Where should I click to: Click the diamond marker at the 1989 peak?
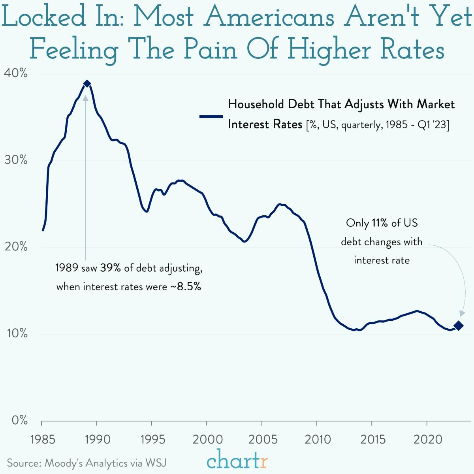[x=87, y=84]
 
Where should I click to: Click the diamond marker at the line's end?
[x=459, y=326]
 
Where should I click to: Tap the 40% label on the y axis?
[x=16, y=73]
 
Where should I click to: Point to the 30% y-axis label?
[x=16, y=160]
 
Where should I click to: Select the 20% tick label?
[x=16, y=247]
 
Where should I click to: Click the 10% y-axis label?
[x=16, y=334]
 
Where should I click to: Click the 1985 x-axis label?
[x=43, y=440]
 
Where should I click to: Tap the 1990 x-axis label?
[x=97, y=440]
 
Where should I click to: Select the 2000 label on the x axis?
[x=207, y=440]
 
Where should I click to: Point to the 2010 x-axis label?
[x=318, y=440]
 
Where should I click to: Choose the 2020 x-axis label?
[x=428, y=440]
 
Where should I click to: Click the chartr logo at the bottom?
[x=237, y=460]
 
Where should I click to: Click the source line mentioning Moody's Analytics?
[x=87, y=463]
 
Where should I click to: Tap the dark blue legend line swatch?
[x=211, y=117]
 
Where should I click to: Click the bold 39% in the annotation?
[x=110, y=268]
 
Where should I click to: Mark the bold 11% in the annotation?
[x=380, y=223]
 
